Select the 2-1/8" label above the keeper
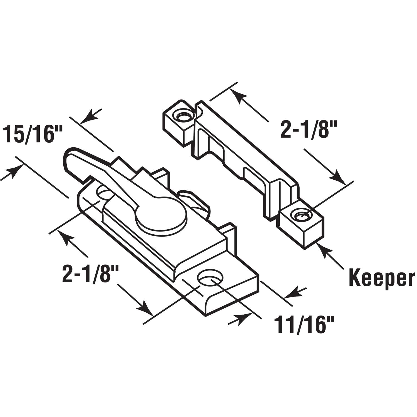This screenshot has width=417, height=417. [309, 130]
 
